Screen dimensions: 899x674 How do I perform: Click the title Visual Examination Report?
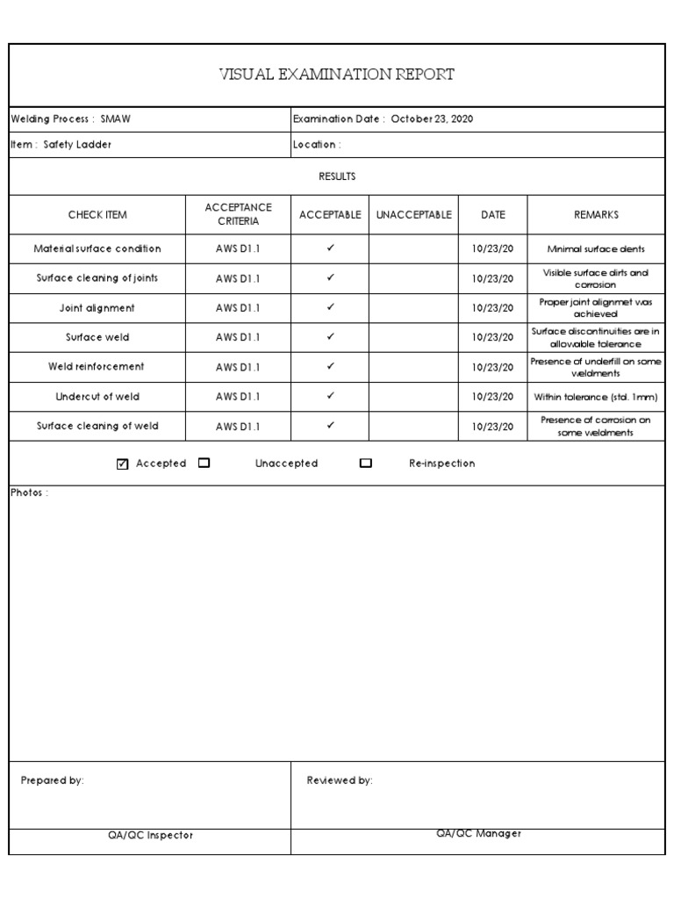point(336,75)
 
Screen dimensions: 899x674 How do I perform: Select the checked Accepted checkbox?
point(122,464)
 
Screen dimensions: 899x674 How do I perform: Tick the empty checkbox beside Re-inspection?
point(366,464)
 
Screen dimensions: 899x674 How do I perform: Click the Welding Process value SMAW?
point(116,119)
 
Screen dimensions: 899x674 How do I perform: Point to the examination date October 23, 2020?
point(432,119)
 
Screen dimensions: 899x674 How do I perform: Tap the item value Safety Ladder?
point(78,145)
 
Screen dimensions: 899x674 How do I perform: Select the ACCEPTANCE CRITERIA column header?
point(238,214)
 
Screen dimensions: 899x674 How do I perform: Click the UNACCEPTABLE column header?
point(413,214)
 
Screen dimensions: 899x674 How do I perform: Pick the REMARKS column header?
point(596,214)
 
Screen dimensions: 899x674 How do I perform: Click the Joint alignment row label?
point(97,308)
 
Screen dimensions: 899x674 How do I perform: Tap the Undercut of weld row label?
point(97,397)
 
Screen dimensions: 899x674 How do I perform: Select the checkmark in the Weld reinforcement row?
point(331,366)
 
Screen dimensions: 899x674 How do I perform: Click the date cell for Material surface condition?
point(492,249)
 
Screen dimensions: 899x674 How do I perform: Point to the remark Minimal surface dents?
point(596,249)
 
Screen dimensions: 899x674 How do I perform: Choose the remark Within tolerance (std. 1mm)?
point(596,397)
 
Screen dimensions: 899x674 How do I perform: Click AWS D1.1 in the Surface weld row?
point(238,337)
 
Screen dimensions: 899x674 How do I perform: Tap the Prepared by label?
point(53,780)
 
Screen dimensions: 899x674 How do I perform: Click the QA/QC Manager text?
point(478,834)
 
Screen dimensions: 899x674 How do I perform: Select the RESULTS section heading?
point(337,176)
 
